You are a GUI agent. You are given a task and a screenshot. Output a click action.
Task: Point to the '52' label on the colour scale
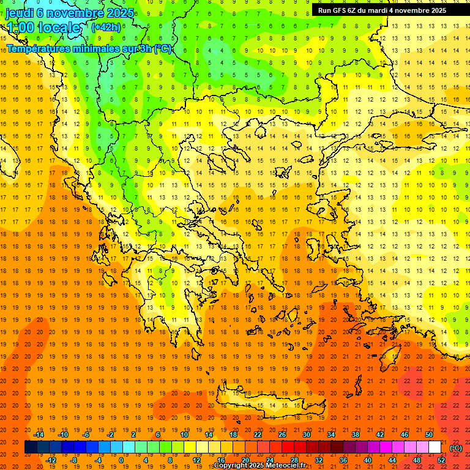[441, 460]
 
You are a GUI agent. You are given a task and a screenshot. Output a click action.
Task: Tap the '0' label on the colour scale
[121, 460]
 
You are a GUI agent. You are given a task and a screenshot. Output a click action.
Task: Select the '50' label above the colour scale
[429, 435]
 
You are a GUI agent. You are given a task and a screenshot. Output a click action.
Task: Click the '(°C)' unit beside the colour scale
[456, 448]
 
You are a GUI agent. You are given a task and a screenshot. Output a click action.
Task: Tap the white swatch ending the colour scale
[435, 447]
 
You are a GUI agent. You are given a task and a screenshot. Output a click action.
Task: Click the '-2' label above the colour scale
[110, 435]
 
